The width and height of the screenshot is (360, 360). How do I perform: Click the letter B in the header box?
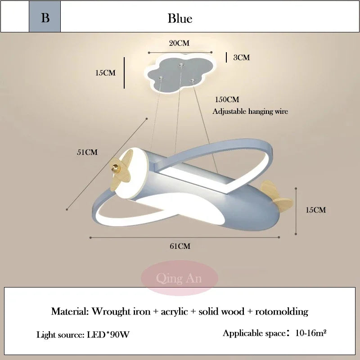(45, 18)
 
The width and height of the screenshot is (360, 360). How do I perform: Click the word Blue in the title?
(180, 18)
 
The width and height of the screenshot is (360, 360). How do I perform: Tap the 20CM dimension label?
(179, 43)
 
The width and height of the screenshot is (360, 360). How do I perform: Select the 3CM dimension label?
(242, 58)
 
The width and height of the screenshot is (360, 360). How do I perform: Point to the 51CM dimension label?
(87, 152)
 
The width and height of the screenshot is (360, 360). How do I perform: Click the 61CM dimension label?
(180, 246)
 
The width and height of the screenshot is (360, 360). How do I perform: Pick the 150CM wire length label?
(227, 99)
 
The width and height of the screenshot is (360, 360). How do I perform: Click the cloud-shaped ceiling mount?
(180, 74)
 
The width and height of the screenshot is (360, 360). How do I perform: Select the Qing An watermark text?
(179, 278)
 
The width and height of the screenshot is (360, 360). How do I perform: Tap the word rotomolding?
(282, 312)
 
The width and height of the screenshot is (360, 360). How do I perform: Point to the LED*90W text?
(108, 335)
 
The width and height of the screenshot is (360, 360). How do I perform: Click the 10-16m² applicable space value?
(311, 333)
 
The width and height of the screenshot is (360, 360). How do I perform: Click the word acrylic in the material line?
(174, 312)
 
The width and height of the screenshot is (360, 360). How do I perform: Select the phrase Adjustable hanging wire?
(250, 111)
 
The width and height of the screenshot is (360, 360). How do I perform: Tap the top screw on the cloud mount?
(181, 65)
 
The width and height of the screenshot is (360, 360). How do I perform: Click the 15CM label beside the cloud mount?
(105, 73)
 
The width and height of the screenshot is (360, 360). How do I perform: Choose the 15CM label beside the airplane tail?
(316, 210)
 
